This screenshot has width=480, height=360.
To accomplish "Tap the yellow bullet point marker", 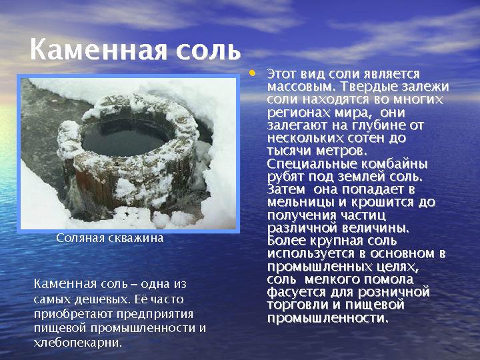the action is tap(252, 73).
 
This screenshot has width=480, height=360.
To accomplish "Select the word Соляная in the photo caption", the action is tap(81, 238).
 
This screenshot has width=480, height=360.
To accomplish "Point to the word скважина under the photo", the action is tap(137, 238).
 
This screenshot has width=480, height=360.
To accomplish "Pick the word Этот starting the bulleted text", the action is tap(281, 75).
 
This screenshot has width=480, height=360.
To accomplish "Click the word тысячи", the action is tap(289, 151).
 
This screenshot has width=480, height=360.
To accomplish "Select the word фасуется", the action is tap(296, 293).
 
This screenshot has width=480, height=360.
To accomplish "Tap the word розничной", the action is tap(394, 293).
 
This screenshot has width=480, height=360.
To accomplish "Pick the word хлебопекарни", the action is tap(78, 343).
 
